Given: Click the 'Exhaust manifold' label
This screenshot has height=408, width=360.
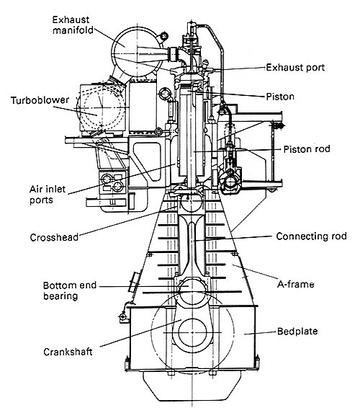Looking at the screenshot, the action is point(73,25).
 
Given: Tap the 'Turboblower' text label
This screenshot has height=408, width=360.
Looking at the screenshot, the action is point(40,100).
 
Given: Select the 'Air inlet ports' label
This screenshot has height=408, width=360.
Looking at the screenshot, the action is point(48,195).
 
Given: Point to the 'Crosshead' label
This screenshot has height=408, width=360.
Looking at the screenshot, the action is point(54,237).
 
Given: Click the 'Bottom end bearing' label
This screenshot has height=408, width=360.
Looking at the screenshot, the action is point(70,291).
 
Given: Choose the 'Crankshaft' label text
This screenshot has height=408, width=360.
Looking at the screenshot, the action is point(68,352).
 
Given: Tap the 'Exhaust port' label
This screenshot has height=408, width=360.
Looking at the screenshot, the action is point(295,68).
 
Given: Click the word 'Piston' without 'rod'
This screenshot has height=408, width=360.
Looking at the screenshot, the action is point(280,97).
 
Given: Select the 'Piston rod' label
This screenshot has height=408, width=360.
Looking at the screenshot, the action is point(307,149).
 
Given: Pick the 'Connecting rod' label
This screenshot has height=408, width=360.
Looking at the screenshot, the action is point(311,236).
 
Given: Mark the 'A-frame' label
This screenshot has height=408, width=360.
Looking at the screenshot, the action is point(295,284).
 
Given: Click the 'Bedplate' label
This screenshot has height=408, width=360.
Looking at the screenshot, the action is point(297,332).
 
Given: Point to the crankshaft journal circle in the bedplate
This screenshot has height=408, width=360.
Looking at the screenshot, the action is point(193,332).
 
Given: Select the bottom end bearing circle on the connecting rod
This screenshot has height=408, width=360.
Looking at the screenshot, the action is point(191,285).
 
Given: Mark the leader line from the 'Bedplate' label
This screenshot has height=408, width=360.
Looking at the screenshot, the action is point(260,333).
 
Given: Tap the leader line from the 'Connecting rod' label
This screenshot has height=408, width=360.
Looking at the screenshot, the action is point(233,239).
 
